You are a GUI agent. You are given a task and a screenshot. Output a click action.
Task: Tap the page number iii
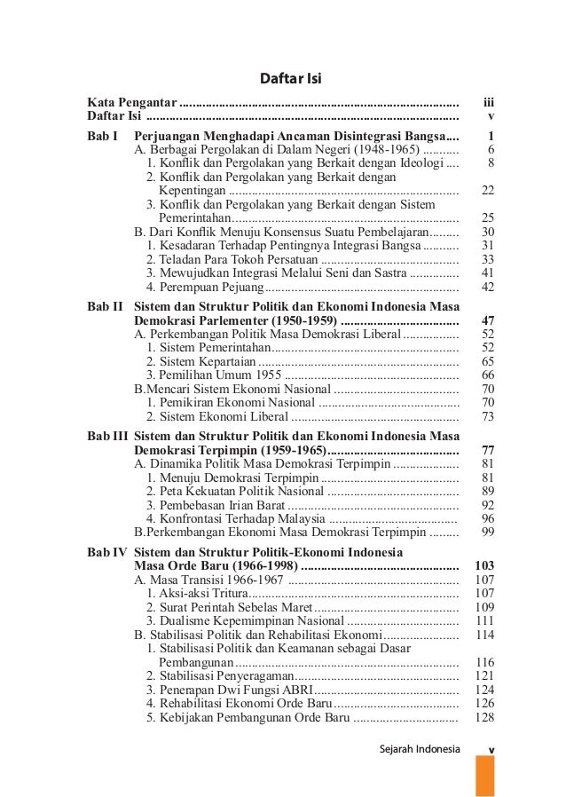click(487, 103)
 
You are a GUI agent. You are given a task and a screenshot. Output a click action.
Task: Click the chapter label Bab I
click(103, 137)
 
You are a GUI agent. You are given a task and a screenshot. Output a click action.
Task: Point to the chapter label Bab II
click(105, 305)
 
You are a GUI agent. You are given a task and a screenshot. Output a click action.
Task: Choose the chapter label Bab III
click(107, 436)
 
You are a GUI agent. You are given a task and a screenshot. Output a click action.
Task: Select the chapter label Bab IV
click(106, 552)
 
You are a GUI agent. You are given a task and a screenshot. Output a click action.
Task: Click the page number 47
click(486, 320)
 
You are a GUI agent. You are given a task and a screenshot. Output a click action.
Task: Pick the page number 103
click(484, 566)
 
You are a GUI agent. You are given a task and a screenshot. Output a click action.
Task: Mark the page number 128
click(484, 717)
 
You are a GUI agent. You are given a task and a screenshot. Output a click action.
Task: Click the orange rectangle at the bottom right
click(484, 775)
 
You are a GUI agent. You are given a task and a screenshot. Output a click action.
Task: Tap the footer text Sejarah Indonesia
click(420, 749)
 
